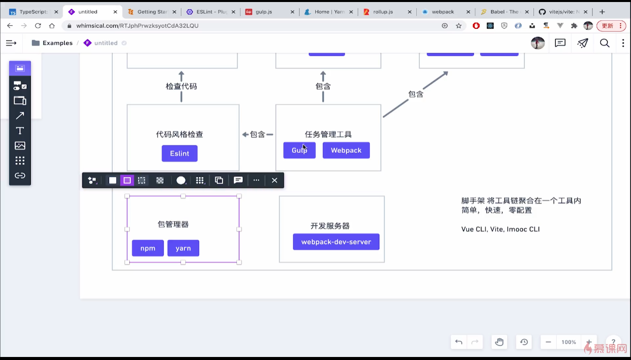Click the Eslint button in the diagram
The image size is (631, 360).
click(x=179, y=153)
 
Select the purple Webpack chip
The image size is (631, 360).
click(x=346, y=150)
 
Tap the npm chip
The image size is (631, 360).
click(x=148, y=248)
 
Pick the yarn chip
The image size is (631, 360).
click(x=183, y=248)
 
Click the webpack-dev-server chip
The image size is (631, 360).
click(x=336, y=242)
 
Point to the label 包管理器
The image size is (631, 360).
click(x=173, y=224)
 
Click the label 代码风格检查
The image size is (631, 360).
click(x=179, y=134)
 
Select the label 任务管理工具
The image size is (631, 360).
click(x=328, y=134)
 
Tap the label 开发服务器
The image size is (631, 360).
click(x=330, y=226)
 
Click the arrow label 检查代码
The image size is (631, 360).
click(x=181, y=86)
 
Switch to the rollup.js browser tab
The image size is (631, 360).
click(x=382, y=12)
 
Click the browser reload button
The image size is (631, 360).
click(x=38, y=26)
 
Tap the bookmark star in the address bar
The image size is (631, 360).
click(x=459, y=26)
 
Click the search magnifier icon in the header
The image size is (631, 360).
click(x=604, y=43)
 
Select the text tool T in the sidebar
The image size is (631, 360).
click(x=20, y=131)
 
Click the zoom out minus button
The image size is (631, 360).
click(x=548, y=342)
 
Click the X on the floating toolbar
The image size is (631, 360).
click(x=274, y=180)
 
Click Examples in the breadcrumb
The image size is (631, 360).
click(x=57, y=43)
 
